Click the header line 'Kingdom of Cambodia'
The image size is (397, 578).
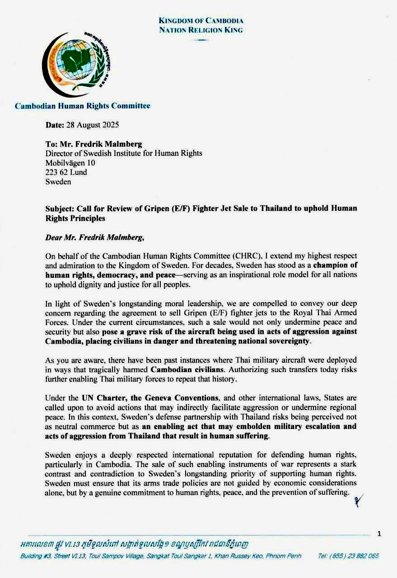click(x=201, y=21)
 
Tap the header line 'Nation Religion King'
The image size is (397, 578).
click(x=201, y=30)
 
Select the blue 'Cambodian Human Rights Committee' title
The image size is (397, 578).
click(x=83, y=106)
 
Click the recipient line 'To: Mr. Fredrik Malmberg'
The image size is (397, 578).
click(x=93, y=144)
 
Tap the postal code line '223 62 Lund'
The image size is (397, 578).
click(x=66, y=172)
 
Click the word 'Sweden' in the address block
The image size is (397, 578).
click(x=58, y=182)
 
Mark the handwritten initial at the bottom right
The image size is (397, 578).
click(x=358, y=500)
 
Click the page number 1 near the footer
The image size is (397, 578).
click(x=379, y=534)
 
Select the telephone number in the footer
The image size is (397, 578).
click(x=348, y=556)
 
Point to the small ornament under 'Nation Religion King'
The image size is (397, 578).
click(x=201, y=40)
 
